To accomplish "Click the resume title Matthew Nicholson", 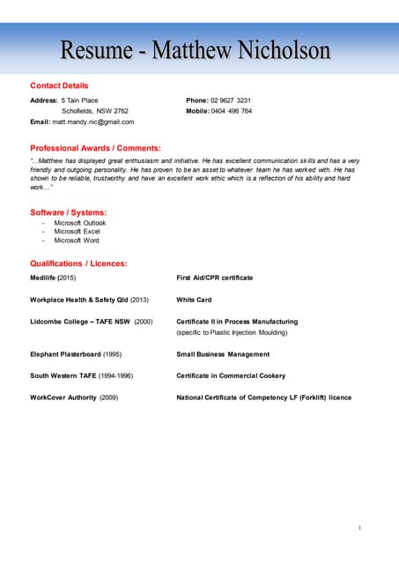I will pyautogui.click(x=196, y=50).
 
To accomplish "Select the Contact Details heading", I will pyautogui.click(x=59, y=85).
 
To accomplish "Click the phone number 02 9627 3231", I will pyautogui.click(x=231, y=100).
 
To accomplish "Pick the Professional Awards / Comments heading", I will pyautogui.click(x=95, y=148).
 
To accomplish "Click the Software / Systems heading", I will pyautogui.click(x=68, y=212).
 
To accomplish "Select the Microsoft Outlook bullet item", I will pyautogui.click(x=79, y=223).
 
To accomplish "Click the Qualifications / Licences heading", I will pyautogui.click(x=78, y=263).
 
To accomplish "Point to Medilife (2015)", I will pyautogui.click(x=53, y=278).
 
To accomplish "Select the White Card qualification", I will pyautogui.click(x=194, y=300).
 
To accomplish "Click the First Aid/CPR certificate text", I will pyautogui.click(x=214, y=278).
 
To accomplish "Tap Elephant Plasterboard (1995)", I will pyautogui.click(x=76, y=354).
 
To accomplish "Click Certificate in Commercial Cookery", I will pyautogui.click(x=231, y=375).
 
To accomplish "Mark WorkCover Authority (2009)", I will pyautogui.click(x=74, y=397).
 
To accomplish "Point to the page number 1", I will pyautogui.click(x=359, y=527).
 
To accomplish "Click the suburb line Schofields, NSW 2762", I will pyautogui.click(x=95, y=111).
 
